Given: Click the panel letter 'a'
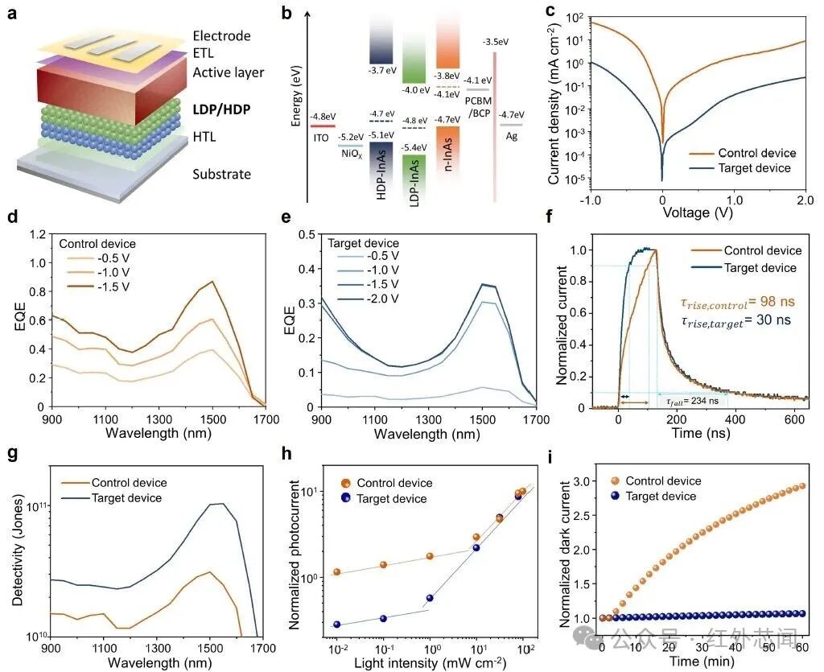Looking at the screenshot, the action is click(12, 13).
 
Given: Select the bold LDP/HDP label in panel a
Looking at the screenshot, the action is click(221, 109).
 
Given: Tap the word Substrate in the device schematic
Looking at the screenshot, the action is click(221, 174).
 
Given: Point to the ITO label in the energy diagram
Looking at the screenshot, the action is click(320, 138).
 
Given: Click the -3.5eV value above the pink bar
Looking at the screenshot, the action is click(495, 42).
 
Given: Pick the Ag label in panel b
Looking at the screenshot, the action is click(511, 136).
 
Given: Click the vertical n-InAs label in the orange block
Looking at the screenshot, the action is click(448, 155).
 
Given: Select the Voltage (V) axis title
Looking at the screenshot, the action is click(698, 212).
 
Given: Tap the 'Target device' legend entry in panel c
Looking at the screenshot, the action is click(754, 168).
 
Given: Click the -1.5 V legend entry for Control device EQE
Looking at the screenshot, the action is click(113, 287).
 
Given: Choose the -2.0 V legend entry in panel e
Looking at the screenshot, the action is click(382, 299).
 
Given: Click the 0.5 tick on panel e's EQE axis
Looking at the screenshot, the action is click(307, 234).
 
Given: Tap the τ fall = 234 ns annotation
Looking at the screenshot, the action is click(692, 402).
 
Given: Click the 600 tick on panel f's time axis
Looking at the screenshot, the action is click(793, 419).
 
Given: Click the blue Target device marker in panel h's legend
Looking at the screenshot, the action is click(345, 497).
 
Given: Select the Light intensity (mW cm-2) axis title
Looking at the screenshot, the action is click(430, 662).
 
